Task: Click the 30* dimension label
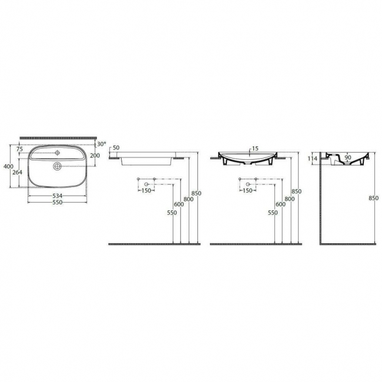tap(102, 144)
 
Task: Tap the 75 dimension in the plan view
tap(19, 149)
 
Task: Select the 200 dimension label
tap(95, 155)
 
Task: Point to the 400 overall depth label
tap(9, 167)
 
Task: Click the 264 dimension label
tap(17, 172)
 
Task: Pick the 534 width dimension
tap(58, 196)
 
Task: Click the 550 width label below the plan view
tap(58, 202)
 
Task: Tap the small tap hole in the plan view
tap(58, 153)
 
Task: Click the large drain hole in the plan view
tap(58, 166)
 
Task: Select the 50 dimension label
tap(116, 148)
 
